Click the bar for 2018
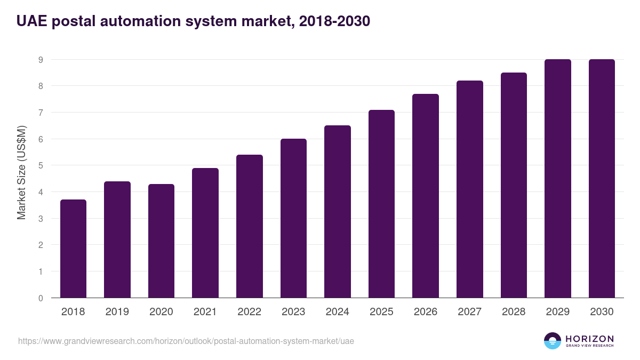73,249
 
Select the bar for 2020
161,241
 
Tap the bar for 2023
293,218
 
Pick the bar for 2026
426,196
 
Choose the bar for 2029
558,179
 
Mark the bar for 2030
602,179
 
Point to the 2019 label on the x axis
117,312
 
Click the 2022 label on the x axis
249,312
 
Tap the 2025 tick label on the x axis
381,312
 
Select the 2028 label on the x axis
514,312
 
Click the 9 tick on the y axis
41,60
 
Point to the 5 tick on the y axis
41,166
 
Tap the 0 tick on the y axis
41,298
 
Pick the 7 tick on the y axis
41,113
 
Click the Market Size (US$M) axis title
21,173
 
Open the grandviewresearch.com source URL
186,341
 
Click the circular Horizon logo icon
552,341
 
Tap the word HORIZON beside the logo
589,339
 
